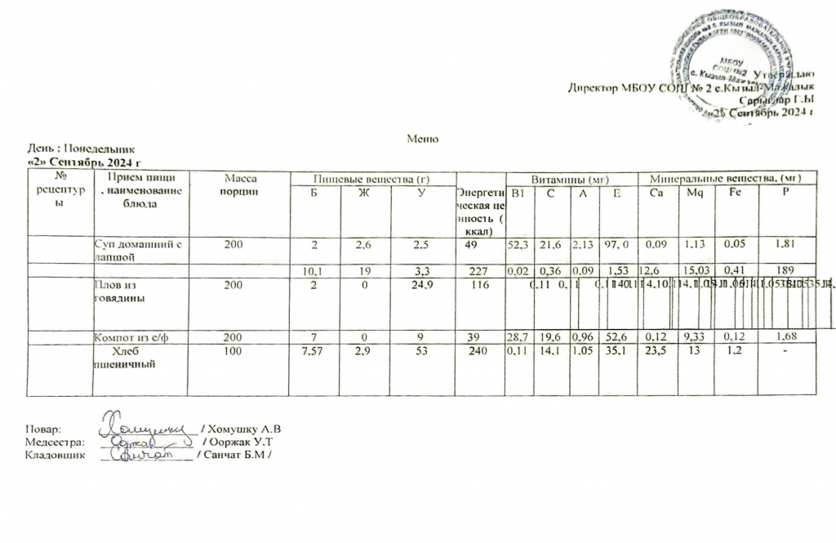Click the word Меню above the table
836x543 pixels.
(423, 139)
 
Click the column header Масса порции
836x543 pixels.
(240, 185)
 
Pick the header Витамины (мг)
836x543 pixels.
(570, 178)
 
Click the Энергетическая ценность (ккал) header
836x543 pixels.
(480, 211)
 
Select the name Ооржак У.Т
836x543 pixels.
(245, 441)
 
